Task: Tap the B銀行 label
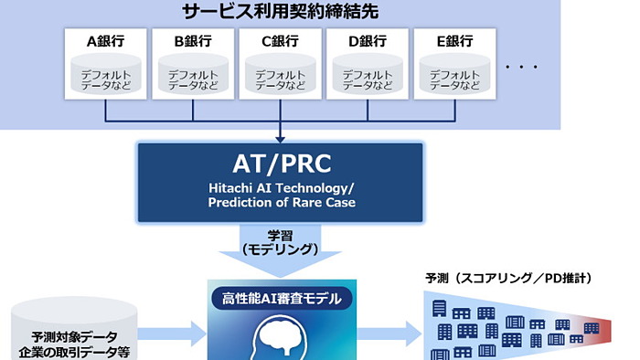pos(194,41)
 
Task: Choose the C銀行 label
pos(281,41)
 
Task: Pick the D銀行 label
pos(368,41)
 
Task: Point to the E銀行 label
pos(454,41)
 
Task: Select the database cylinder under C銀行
pos(281,76)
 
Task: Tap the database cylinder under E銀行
pos(454,76)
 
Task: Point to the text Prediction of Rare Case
pos(281,202)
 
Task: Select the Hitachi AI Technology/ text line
pos(281,188)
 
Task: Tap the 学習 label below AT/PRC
pos(281,234)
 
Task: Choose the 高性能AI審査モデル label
pos(281,298)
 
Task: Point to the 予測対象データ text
pos(76,336)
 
